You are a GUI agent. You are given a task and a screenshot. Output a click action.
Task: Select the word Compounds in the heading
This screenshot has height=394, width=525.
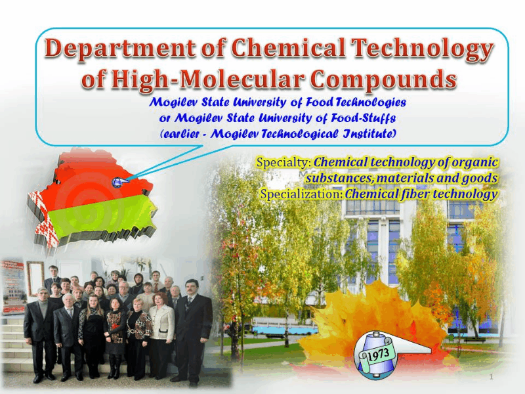tap(383, 80)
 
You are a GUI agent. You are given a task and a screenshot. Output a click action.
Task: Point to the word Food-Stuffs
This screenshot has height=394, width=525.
tap(364, 118)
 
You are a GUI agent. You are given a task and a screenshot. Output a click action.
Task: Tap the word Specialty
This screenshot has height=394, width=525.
tap(284, 162)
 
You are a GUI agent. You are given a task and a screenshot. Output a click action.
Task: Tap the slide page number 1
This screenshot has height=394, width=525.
tap(491, 376)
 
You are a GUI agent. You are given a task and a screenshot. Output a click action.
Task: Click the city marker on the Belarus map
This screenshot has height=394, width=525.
tap(118, 182)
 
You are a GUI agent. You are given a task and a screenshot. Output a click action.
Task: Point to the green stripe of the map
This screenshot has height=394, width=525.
tap(100, 215)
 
